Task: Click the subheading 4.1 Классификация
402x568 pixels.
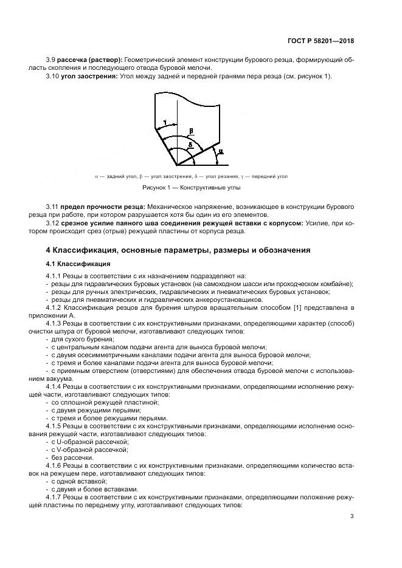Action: click(78, 264)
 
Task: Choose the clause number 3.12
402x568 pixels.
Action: click(54, 223)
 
